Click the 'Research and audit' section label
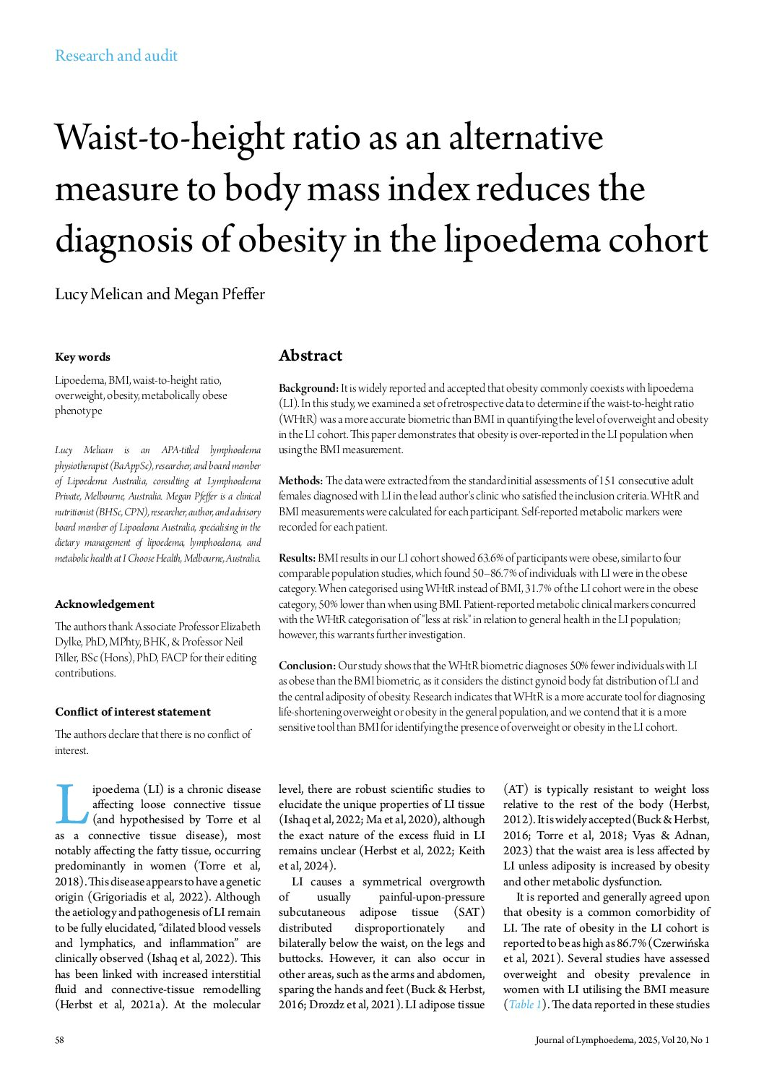(x=116, y=56)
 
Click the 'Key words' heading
(x=82, y=357)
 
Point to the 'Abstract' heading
(x=311, y=356)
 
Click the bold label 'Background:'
(x=308, y=388)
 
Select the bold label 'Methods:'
(x=301, y=481)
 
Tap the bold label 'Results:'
(x=298, y=558)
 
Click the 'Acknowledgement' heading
(x=105, y=604)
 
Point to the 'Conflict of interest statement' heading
(x=133, y=712)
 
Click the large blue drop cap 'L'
(x=71, y=804)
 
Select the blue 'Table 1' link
(x=525, y=1005)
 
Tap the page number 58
(x=60, y=1040)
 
